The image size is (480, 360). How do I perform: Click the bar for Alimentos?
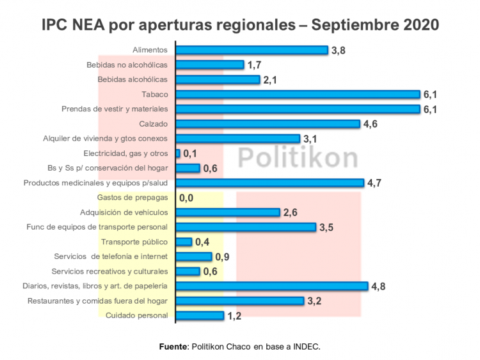[252, 50]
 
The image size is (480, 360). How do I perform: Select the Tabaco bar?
[298, 95]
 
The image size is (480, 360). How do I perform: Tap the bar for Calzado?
[268, 124]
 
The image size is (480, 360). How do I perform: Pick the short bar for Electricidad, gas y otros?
[178, 153]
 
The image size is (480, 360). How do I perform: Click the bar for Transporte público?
[184, 242]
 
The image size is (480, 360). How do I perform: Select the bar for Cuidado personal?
[200, 315]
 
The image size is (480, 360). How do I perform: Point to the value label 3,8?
[339, 51]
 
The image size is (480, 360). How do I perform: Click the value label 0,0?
[186, 198]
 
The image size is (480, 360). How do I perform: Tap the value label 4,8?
[379, 286]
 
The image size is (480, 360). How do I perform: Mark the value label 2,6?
[291, 213]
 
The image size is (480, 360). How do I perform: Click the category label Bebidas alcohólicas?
[132, 79]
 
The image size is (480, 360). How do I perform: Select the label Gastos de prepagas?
[132, 198]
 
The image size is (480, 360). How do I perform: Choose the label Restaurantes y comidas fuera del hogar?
[97, 301]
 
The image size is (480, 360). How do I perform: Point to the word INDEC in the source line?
[305, 347]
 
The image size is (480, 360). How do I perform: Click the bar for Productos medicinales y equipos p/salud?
[269, 183]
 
